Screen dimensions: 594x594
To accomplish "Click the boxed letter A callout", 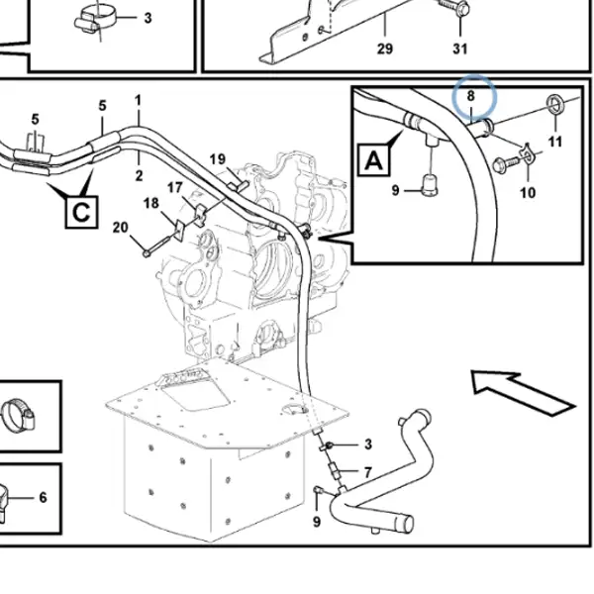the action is [x=374, y=160].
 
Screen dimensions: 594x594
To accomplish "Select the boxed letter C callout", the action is [x=81, y=212].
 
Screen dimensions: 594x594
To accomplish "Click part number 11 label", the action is [x=555, y=142].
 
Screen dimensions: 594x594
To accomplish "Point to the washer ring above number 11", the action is [x=556, y=105].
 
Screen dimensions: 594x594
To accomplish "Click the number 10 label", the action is [x=528, y=193].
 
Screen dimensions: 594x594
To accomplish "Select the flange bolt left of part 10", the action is [x=505, y=164].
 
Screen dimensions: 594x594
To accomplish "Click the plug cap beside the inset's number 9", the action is [x=431, y=185].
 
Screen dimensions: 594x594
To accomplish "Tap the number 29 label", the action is [x=385, y=49].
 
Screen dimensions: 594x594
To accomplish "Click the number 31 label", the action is [x=460, y=49].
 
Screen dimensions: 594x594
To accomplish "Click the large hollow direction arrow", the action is [x=523, y=393].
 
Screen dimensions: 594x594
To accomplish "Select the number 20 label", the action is [x=121, y=228].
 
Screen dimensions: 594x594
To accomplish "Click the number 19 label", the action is [x=218, y=159].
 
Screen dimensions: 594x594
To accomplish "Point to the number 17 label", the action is [x=174, y=187].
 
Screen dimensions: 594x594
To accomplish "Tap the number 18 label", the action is [x=151, y=203].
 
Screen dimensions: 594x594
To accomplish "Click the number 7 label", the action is [x=368, y=472].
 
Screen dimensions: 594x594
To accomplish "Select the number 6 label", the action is [x=43, y=497].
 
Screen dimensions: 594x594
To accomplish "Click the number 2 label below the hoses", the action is [x=139, y=176].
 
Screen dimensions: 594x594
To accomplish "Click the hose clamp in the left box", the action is [x=17, y=414].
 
